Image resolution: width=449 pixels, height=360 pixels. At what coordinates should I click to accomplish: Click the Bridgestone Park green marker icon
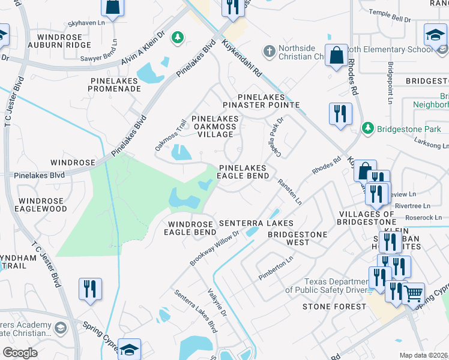pos(368,128)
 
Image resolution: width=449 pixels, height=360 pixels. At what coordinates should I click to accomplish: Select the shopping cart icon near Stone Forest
pos(413,293)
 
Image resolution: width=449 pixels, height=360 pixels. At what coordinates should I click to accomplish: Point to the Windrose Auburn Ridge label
pos(67,41)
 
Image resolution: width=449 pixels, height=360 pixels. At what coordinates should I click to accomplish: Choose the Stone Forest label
pos(334,307)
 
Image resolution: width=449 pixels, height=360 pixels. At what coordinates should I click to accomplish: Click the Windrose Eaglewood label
pos(42,205)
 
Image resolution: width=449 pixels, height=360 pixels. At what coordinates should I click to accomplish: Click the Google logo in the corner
pos(20,353)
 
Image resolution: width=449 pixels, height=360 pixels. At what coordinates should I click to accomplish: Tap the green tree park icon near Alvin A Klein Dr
pos(177,38)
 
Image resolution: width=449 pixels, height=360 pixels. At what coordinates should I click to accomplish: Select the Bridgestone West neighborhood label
pos(297,238)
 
